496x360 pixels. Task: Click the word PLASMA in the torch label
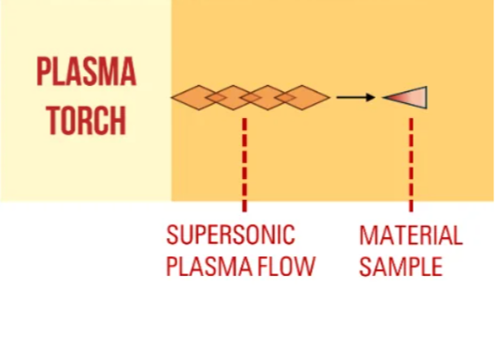pos(86,72)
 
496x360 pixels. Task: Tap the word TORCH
pos(86,120)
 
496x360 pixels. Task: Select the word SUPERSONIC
pos(231,235)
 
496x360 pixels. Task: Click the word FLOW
pos(286,266)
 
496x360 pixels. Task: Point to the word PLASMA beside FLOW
pos(210,266)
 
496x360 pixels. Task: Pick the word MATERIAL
pos(411,235)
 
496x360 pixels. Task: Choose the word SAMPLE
pos(401,266)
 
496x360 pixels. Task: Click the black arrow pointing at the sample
pos(355,97)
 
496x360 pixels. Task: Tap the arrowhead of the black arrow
pos(371,97)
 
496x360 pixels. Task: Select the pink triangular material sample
pos(410,97)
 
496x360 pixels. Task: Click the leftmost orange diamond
pos(199,98)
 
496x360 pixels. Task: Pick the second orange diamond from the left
pos(233,98)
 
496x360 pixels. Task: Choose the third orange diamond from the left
pos(268,98)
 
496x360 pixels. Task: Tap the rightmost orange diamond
pos(302,98)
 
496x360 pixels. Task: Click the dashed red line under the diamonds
pos(244,165)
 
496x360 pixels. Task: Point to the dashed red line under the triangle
pos(411,165)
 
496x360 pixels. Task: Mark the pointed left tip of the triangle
pos(382,97)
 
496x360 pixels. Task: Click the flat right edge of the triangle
pos(427,97)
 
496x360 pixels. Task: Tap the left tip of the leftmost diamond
pos(171,98)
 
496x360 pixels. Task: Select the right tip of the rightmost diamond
pos(330,98)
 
